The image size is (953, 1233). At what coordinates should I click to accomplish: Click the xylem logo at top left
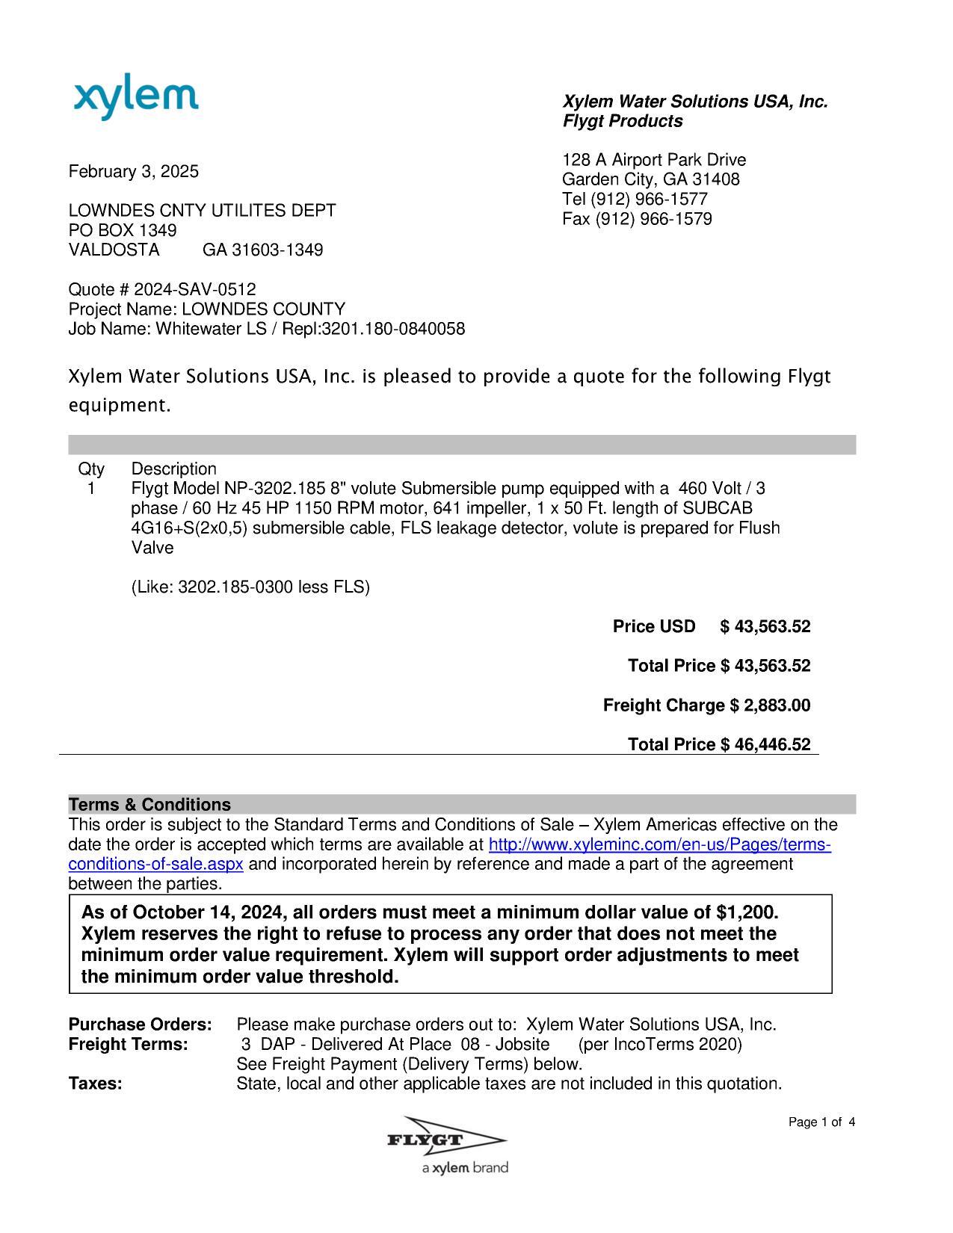point(136,99)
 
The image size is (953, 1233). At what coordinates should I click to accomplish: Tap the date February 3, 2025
point(134,172)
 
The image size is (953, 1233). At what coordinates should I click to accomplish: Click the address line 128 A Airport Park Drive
point(653,160)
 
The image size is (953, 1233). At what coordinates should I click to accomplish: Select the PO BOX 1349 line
point(123,230)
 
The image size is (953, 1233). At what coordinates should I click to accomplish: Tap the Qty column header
point(91,469)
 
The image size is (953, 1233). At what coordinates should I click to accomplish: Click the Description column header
point(173,469)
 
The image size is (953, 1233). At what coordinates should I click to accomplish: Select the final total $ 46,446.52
point(765,745)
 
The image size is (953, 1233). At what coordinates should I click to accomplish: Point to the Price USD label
point(654,626)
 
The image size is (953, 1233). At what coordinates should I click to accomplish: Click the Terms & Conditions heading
point(149,805)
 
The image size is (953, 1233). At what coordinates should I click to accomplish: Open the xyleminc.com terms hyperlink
point(659,845)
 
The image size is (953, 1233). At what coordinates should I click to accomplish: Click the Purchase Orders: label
point(141,1025)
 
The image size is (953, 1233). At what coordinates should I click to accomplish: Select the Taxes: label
point(96,1084)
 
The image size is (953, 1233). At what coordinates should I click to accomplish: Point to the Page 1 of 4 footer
point(821,1122)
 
